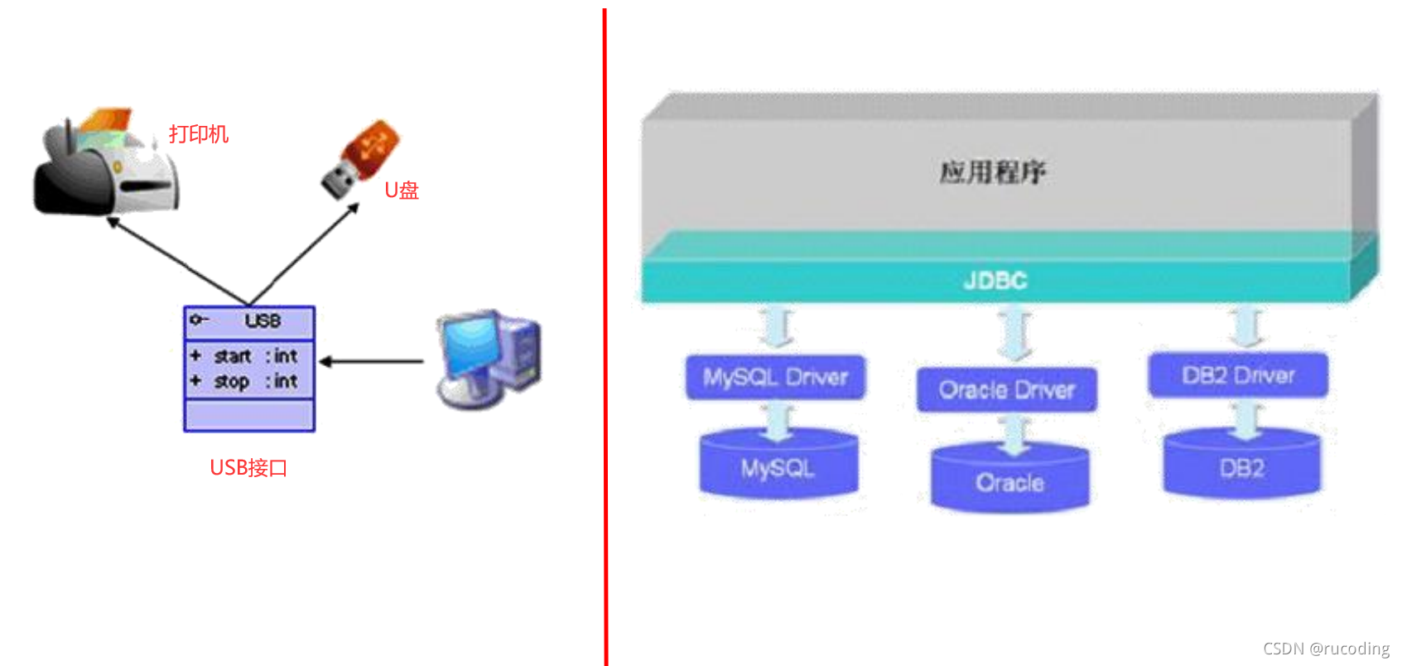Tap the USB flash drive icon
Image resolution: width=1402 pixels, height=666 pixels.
point(360,160)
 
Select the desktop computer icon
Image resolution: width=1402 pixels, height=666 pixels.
point(489,359)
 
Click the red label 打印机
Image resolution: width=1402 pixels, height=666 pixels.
point(199,134)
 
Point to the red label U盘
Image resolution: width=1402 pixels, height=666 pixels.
point(401,190)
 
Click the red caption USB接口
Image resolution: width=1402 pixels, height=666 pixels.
point(248,467)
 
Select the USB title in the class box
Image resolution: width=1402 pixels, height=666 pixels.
point(263,321)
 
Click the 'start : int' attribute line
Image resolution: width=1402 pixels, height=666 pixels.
point(245,356)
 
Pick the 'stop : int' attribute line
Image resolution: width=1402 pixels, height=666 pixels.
point(245,381)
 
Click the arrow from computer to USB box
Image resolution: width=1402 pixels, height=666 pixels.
point(371,361)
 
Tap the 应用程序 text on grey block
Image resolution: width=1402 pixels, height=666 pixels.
point(992,172)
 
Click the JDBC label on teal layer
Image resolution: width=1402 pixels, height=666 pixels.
point(995,281)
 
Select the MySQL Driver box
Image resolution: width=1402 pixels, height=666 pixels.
point(775,378)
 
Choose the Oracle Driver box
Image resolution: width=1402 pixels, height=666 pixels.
point(1006,390)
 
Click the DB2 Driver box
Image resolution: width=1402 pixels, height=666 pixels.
point(1238,375)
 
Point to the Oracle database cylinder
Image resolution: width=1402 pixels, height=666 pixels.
point(1010,478)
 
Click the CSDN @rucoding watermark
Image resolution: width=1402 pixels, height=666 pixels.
point(1326,649)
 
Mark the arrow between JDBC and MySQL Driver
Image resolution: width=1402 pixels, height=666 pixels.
point(777,327)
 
